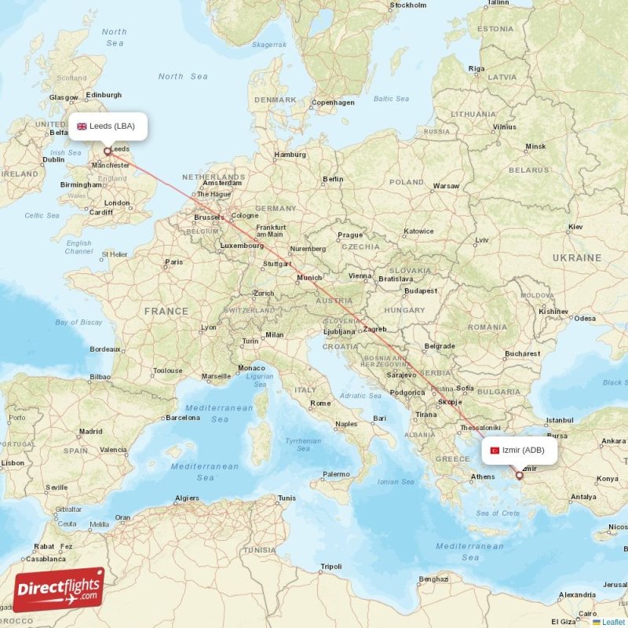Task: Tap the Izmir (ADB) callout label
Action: [519, 451]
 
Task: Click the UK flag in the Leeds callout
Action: [82, 126]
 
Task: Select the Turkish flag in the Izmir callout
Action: [495, 451]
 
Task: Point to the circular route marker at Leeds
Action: [107, 151]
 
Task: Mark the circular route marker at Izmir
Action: [519, 475]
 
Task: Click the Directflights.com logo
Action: [59, 590]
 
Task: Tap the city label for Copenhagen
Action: [333, 102]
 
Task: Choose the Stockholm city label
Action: [408, 5]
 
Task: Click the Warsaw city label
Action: [446, 186]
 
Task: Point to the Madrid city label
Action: [90, 431]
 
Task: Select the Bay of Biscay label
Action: [78, 322]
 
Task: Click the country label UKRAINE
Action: [576, 257]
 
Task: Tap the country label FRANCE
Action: [166, 311]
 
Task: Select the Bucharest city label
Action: [523, 353]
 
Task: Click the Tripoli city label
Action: [331, 566]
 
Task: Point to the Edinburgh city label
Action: [104, 95]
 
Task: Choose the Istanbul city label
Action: [560, 420]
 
